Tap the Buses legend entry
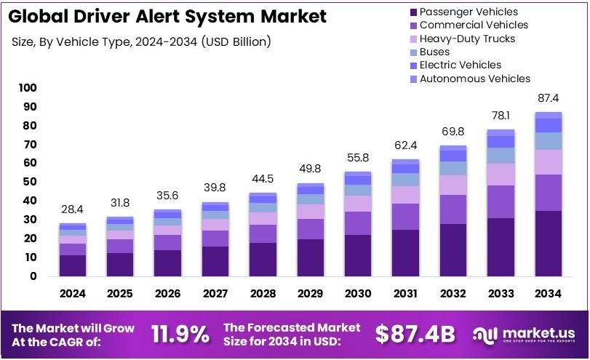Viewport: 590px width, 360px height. point(434,52)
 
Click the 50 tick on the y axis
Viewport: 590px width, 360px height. point(29,182)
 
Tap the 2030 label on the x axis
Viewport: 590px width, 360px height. point(358,295)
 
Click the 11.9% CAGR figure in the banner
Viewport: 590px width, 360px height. point(180,334)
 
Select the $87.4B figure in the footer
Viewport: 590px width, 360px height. point(415,334)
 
